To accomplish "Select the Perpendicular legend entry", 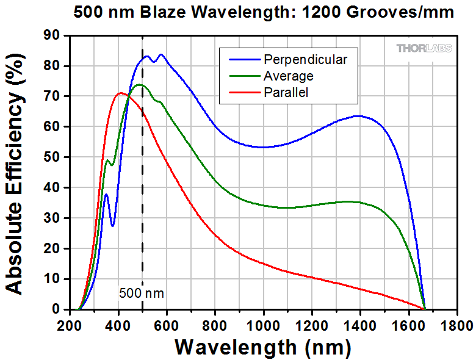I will pyautogui.click(x=305, y=60).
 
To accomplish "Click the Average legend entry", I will pyautogui.click(x=289, y=76).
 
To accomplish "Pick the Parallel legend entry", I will pyautogui.click(x=286, y=93).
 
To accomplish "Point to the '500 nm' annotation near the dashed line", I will pyautogui.click(x=142, y=293).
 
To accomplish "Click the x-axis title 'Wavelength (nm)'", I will pyautogui.click(x=263, y=347).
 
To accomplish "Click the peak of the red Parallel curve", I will pyautogui.click(x=120, y=93).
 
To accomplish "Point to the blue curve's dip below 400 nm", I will pyautogui.click(x=112, y=226).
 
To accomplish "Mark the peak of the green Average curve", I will pyautogui.click(x=139, y=85).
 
